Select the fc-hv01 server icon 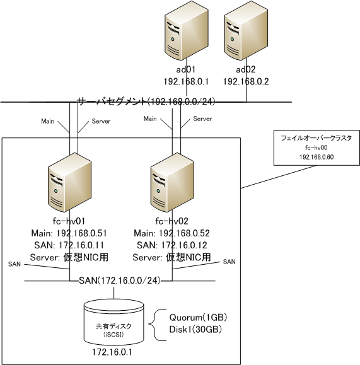click(69, 182)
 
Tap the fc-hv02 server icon click(172, 182)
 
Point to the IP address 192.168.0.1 click(186, 81)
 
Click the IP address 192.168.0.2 click(246, 81)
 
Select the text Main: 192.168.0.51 click(69, 233)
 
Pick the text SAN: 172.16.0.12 click(172, 245)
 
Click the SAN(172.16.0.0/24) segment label click(120, 281)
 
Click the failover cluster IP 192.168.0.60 click(316, 157)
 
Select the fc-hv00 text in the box click(316, 148)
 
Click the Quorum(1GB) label click(198, 317)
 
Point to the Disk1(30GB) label click(195, 330)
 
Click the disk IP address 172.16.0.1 click(112, 352)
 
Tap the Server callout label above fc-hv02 click(202, 119)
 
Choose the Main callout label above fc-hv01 click(47, 121)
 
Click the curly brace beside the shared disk click(158, 325)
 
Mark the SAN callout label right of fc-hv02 click(229, 262)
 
